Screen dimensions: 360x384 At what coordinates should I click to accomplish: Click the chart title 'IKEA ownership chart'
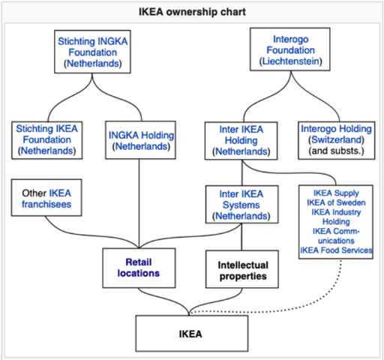[x=192, y=13]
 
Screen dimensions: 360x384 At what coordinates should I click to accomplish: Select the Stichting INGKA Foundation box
[x=93, y=52]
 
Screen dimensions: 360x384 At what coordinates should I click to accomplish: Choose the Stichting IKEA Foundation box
[x=46, y=140]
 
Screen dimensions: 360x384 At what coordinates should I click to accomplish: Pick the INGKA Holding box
[x=142, y=140]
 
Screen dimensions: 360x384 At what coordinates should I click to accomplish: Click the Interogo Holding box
[x=335, y=140]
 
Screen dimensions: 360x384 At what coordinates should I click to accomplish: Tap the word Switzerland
[x=335, y=140]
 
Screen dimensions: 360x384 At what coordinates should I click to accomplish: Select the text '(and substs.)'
[x=335, y=151]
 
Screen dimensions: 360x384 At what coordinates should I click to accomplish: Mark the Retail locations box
[x=142, y=268]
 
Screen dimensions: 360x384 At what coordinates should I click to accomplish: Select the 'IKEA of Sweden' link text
[x=336, y=202]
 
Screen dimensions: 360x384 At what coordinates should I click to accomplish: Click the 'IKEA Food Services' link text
[x=336, y=250]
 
